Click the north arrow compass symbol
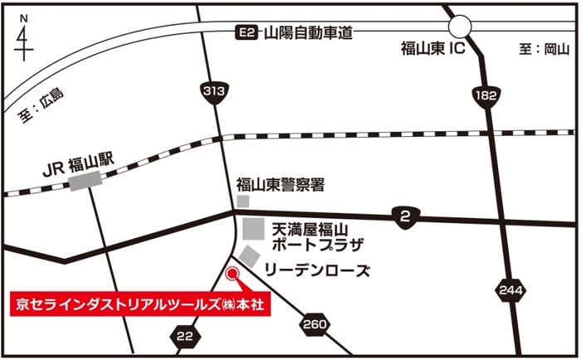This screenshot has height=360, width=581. point(23,36)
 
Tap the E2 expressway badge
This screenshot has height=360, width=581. point(245,33)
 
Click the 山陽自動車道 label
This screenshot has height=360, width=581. point(308,33)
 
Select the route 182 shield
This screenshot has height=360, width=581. point(486,97)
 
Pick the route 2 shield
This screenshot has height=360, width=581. point(405,217)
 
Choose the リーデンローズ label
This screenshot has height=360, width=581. point(316,271)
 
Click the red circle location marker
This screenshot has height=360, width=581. point(232,273)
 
